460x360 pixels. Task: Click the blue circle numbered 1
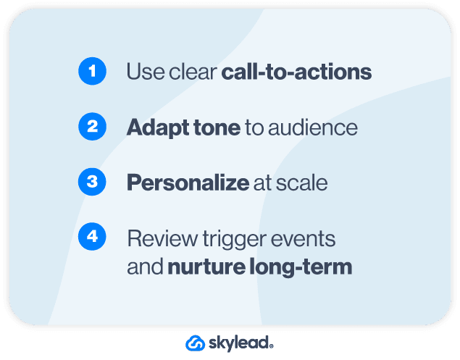tap(92, 72)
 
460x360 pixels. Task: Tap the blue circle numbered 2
tap(92, 127)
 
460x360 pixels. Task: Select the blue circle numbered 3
tap(92, 182)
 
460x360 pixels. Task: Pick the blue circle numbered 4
tap(92, 237)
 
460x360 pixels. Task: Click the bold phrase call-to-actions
tap(296, 72)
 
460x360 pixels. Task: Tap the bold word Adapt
tap(153, 127)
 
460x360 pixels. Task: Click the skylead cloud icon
tap(196, 343)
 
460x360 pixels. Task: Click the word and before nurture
tap(145, 267)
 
